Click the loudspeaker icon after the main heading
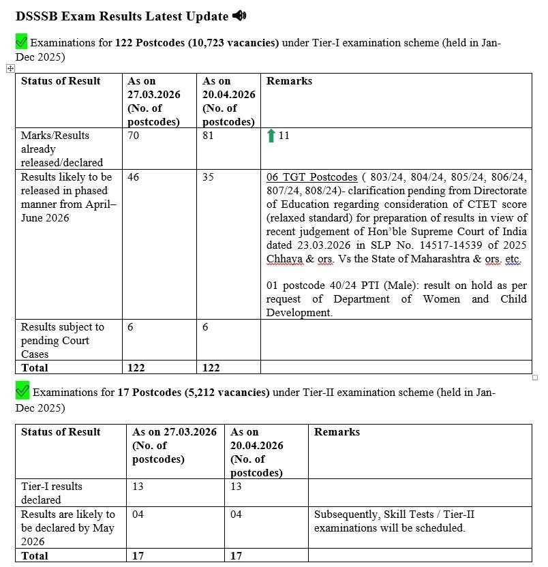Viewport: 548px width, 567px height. (x=239, y=15)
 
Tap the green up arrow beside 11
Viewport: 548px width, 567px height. (x=271, y=136)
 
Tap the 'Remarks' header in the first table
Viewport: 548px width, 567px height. (x=289, y=81)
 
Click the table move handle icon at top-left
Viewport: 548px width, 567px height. (x=10, y=68)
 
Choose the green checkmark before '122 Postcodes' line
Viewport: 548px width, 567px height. (x=22, y=42)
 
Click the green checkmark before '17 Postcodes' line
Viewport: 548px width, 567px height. (x=22, y=391)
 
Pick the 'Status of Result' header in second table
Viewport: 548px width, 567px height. (x=61, y=432)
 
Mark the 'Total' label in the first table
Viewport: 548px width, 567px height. (x=35, y=367)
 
